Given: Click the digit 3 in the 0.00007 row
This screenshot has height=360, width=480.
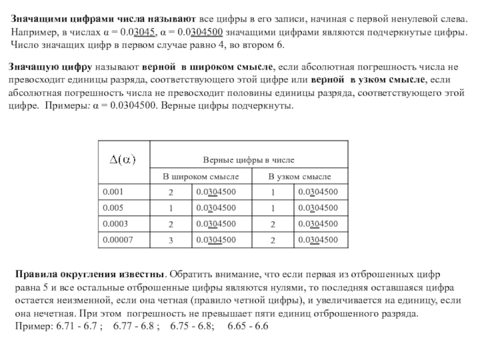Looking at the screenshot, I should tap(170, 241).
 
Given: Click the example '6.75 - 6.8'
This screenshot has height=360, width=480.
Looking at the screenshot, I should tap(191, 326).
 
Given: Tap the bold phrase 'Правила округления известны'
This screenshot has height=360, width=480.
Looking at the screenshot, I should tap(89, 274).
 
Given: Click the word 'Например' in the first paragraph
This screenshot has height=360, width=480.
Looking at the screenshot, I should tap(32, 32).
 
